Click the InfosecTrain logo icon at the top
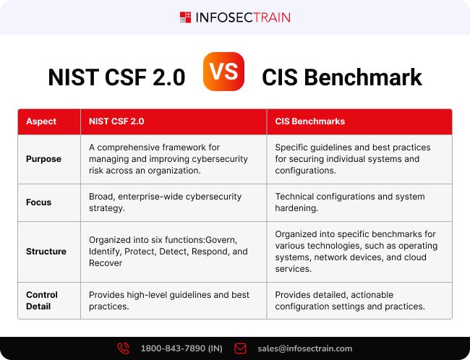click(x=186, y=17)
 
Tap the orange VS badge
click(x=223, y=71)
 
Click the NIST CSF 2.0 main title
click(x=116, y=77)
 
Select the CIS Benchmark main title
click(x=342, y=77)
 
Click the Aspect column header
click(x=41, y=121)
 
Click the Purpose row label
click(x=44, y=159)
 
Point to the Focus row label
click(x=38, y=202)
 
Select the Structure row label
click(x=46, y=252)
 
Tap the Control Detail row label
click(x=42, y=301)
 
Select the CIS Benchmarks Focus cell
click(x=349, y=202)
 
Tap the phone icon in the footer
click(x=124, y=348)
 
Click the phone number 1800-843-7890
click(x=181, y=348)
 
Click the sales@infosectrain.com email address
click(x=304, y=348)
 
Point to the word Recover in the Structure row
click(x=106, y=263)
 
